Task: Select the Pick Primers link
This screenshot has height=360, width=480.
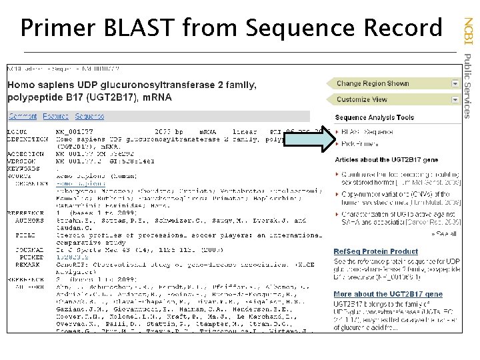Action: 359,143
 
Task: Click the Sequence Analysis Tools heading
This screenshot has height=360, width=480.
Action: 374,117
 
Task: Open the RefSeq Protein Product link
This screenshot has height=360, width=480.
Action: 375,251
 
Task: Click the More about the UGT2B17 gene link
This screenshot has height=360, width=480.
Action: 387,294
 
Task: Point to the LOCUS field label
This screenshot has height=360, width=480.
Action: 19,133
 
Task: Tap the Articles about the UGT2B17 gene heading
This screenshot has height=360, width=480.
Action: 386,160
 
